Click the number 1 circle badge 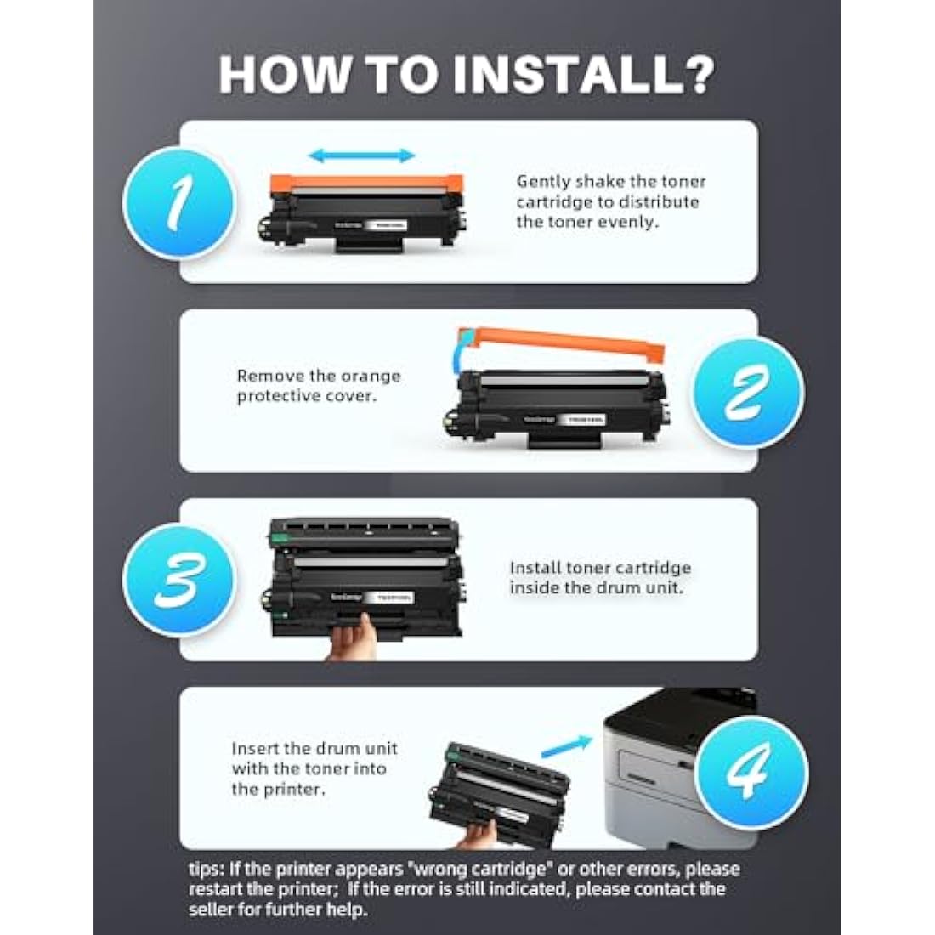178,203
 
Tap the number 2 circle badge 748,392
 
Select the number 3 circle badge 178,581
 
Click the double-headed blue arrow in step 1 361,156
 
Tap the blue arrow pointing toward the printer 566,746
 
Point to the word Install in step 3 535,568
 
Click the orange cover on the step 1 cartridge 365,182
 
